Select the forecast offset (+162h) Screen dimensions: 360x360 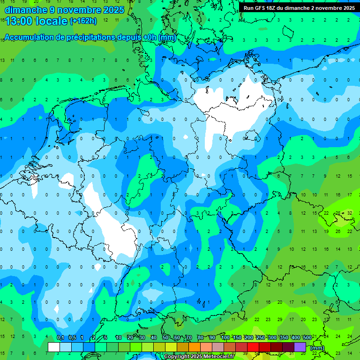click(83, 21)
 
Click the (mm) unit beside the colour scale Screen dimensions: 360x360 click(317, 348)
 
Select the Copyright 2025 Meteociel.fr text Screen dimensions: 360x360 click(199, 357)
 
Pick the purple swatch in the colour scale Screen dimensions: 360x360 click(300, 347)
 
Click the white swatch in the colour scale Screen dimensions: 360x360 click(54, 347)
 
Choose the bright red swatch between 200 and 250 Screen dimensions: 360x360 click(253, 347)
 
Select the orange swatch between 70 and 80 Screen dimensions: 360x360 click(195, 347)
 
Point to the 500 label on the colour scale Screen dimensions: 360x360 click(307, 338)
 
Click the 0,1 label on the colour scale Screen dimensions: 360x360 click(60, 338)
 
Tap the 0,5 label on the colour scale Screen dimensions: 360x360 click(72, 338)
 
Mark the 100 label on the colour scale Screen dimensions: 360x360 click(225, 338)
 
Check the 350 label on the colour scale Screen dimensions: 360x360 click(284, 338)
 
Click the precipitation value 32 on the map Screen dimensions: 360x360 click(350, 213)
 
